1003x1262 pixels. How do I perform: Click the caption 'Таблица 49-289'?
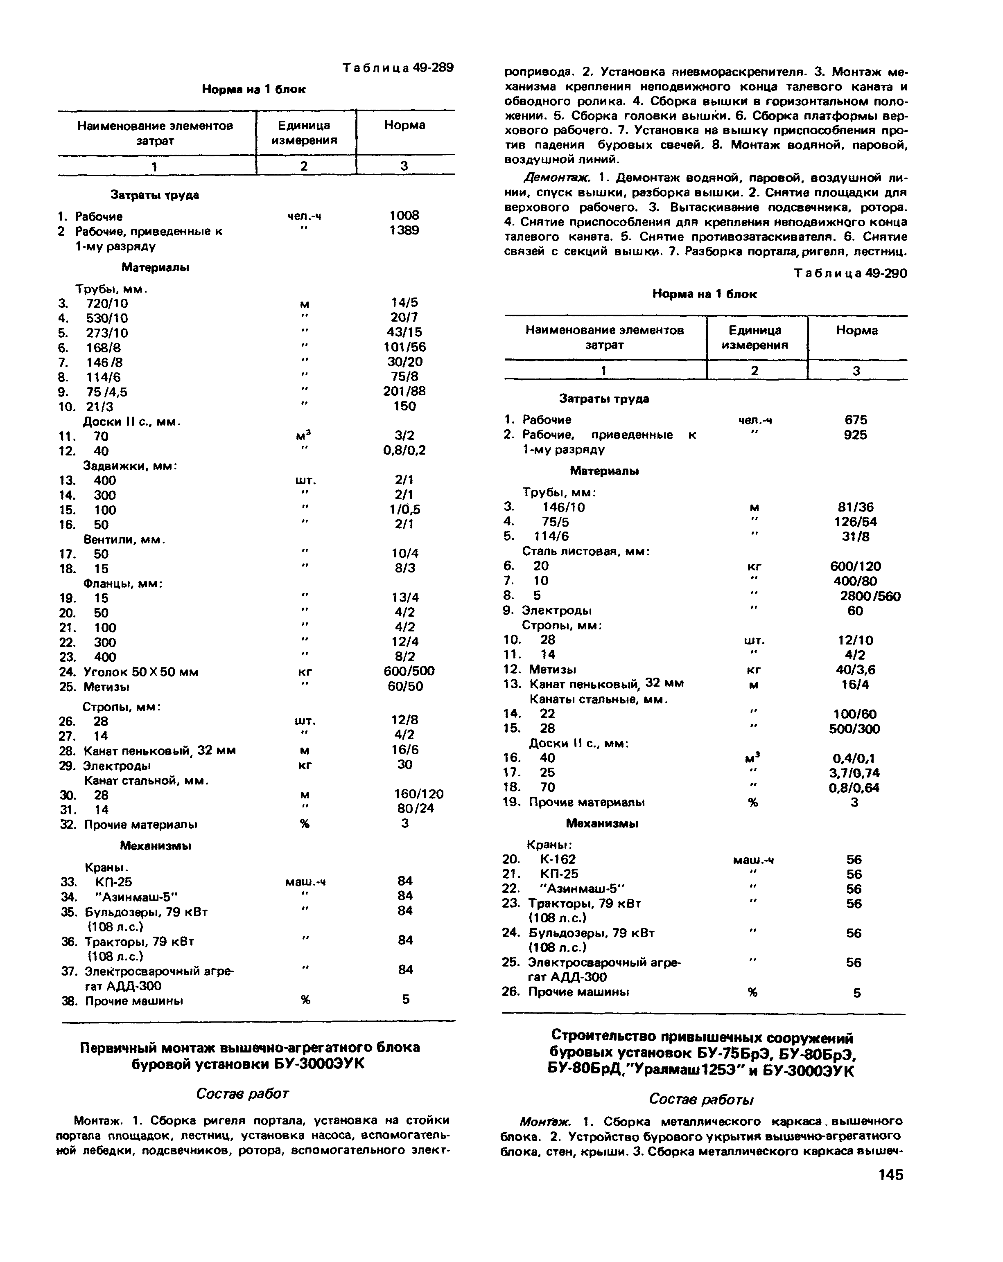coord(398,68)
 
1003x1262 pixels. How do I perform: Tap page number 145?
coord(890,1175)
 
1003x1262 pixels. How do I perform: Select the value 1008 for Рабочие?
coord(404,215)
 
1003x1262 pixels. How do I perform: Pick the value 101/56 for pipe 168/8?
coord(404,347)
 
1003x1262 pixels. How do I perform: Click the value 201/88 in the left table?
coord(404,391)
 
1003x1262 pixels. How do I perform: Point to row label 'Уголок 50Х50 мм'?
coord(140,672)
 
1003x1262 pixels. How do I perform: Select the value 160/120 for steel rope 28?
coord(418,794)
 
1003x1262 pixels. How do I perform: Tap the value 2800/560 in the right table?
coord(870,596)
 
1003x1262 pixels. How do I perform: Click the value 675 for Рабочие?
coord(856,420)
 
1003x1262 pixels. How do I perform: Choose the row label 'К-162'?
coord(558,859)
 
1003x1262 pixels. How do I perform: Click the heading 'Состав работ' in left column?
coord(242,1093)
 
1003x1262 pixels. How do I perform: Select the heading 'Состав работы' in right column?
coord(701,1099)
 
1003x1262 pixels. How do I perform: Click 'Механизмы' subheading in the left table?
coord(155,845)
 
